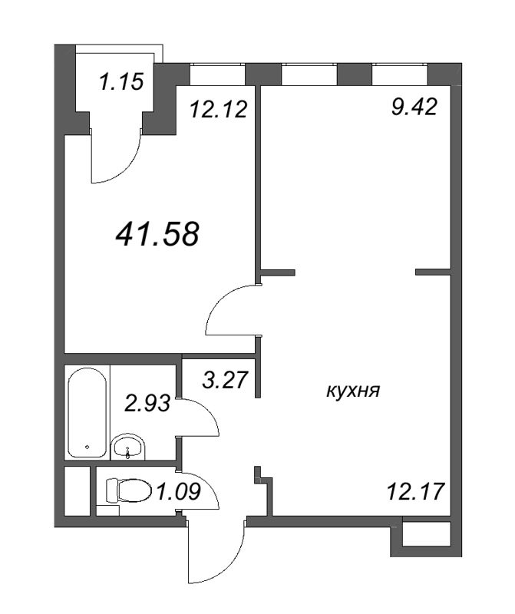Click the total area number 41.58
pos(157,234)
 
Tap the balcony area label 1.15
pos(121,82)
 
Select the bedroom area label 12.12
pos(219,109)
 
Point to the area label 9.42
pos(414,107)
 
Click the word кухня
pos(353,391)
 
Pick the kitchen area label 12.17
pos(415,491)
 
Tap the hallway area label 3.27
pos(225,380)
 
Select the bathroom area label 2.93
pos(147,404)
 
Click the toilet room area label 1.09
pos(178,491)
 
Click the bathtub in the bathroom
pos(87,413)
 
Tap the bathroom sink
pos(128,447)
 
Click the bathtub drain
pos(87,446)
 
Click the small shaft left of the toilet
pos(78,491)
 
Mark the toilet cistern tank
pos(111,490)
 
